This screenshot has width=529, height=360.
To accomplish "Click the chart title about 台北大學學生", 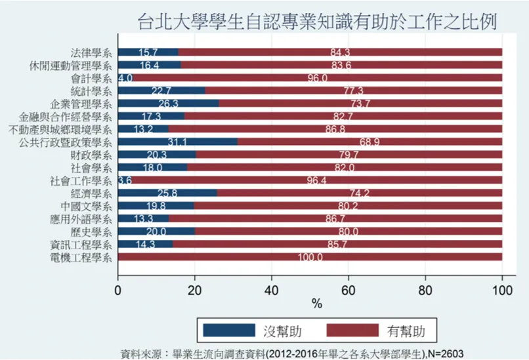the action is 317,22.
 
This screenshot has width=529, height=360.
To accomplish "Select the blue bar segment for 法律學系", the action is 148,52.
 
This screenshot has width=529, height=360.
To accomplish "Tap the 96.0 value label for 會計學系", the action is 318,78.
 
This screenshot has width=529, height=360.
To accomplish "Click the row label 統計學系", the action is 91,91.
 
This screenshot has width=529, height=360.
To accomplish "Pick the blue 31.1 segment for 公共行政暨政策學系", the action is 178,142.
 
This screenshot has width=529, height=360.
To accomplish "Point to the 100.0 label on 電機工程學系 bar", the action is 310,258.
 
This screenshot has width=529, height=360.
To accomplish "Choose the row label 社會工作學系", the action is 81,181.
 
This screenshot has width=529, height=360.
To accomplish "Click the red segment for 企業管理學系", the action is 360,103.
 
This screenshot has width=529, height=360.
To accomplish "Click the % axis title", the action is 317,304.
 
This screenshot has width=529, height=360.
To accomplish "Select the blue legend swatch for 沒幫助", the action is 229,330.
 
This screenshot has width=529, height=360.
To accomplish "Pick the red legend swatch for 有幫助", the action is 352,330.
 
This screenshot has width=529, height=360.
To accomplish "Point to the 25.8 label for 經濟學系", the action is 167,193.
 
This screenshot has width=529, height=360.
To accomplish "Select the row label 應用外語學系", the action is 81,220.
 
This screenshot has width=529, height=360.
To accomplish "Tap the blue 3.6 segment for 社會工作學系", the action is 125,180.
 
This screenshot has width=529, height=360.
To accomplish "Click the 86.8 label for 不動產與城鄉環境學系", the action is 335,129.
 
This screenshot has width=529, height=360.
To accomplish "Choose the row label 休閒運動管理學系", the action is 70,66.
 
